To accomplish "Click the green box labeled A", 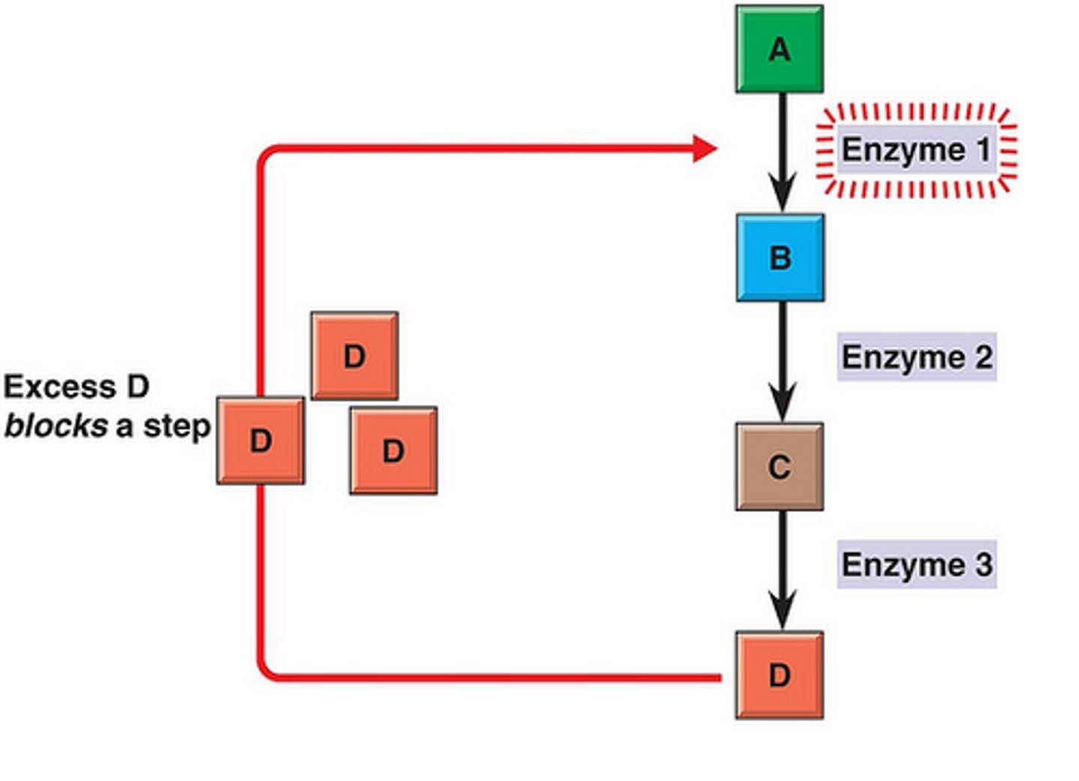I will point(779,49).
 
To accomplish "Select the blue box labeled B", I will point(780,258).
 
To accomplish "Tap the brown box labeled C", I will point(779,467).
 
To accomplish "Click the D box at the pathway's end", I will point(779,675).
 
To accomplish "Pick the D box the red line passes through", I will point(261,441).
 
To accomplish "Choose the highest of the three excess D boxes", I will point(354,356).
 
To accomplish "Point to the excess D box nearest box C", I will point(393,450).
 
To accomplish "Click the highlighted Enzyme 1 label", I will point(916,150).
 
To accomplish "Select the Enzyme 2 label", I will point(916,357).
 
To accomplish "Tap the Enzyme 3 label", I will point(916,564).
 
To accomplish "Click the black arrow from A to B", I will point(782,154).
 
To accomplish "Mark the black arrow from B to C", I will point(782,362).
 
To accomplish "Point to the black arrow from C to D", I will point(782,570).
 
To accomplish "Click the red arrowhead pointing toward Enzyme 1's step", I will point(704,148).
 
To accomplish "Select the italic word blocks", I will point(56,426).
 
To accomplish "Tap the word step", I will point(177,427).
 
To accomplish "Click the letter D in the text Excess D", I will point(137,388).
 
